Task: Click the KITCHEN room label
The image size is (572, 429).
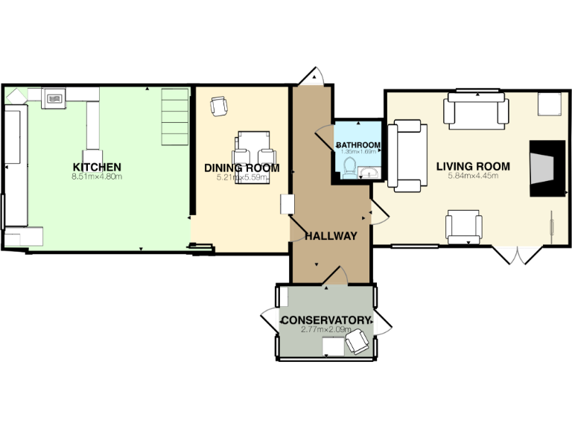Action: coord(97,166)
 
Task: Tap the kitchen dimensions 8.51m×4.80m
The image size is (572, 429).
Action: coord(97,177)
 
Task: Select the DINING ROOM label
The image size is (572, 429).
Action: coord(242,168)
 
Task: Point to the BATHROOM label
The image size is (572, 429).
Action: coord(358,144)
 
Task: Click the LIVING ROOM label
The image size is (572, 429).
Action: coord(473,166)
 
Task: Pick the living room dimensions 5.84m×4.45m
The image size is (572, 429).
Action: coord(473,177)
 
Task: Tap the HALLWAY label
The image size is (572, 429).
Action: coord(331,236)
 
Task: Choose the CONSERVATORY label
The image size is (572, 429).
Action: coord(325,320)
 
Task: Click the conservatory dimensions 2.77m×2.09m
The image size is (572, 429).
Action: coord(325,329)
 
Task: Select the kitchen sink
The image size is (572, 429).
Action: coord(55,97)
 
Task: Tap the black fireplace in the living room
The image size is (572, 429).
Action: coord(547,168)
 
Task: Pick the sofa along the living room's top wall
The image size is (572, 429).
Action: coord(476,110)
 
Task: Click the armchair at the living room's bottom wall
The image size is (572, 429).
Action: coord(463,226)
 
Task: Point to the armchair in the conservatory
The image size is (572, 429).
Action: coord(357,342)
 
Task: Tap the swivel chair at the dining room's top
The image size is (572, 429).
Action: coord(219,107)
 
